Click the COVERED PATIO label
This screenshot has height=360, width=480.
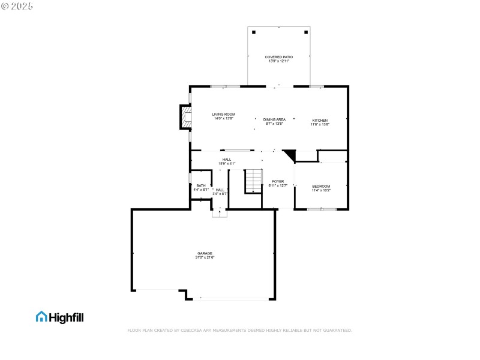tap(279, 57)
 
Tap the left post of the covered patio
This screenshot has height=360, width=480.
tap(253, 32)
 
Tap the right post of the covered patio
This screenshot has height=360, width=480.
tap(306, 32)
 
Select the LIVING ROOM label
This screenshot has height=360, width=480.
tap(223, 114)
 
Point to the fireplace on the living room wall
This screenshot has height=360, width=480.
tap(186, 118)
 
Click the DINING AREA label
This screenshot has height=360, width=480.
tap(274, 119)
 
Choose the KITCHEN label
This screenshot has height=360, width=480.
tap(320, 121)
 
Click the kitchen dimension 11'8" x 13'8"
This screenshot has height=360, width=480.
tap(320, 125)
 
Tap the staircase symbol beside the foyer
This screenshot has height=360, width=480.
tap(254, 181)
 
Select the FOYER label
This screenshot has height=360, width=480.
tap(278, 181)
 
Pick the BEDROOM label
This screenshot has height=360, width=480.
tap(321, 186)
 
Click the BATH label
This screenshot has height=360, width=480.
tap(200, 185)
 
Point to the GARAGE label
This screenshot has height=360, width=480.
tap(205, 253)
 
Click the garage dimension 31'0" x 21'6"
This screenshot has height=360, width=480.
tap(205, 257)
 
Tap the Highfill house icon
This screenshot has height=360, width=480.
tap(41, 316)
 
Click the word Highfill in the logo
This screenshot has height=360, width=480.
tap(66, 317)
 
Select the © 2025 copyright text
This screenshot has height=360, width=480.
tap(18, 5)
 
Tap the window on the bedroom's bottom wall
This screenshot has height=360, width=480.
tap(321, 209)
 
